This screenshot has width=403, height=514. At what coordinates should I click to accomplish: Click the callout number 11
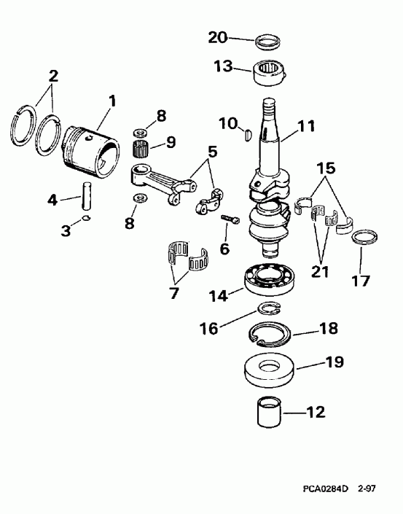[306, 126]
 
